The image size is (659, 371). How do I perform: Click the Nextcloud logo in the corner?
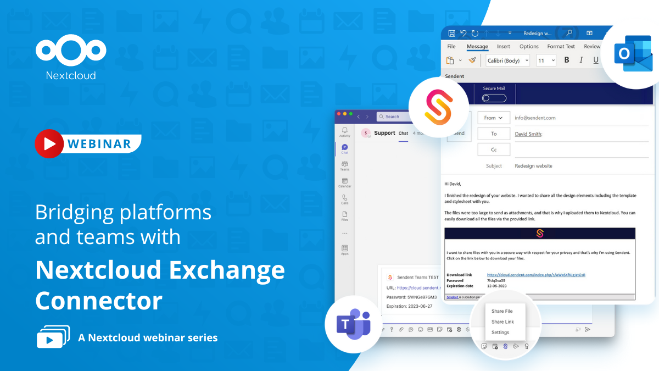(71, 52)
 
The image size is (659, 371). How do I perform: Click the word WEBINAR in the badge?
(99, 144)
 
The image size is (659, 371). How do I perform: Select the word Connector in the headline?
(99, 301)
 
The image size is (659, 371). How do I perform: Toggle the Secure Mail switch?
(494, 98)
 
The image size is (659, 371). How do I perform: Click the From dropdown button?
(493, 118)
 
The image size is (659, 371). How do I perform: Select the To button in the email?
(493, 134)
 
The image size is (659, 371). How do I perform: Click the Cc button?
(493, 149)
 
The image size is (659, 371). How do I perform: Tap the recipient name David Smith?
(528, 134)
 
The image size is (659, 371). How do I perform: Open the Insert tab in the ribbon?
(503, 47)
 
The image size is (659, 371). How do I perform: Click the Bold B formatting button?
(567, 60)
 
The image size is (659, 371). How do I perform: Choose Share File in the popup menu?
(502, 311)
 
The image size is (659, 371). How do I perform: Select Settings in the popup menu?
(500, 333)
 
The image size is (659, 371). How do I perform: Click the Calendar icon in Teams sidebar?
(344, 182)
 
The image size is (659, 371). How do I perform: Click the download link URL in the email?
(536, 275)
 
